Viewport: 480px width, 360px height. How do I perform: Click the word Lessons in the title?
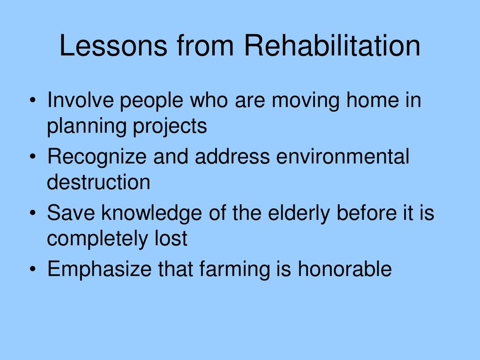click(113, 45)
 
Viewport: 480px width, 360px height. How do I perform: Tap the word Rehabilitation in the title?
click(332, 45)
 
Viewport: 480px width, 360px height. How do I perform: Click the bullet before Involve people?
click(33, 100)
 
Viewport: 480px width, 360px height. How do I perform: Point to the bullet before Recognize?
click(33, 157)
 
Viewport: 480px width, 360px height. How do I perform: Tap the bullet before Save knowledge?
click(33, 213)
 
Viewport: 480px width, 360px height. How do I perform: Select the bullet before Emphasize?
click(33, 269)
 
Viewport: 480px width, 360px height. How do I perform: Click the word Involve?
click(80, 100)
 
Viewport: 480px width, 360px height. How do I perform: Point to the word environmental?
click(343, 156)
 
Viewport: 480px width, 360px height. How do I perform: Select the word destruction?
click(98, 182)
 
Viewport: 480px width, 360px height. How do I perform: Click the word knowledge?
click(151, 214)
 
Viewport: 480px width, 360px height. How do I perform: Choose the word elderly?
click(299, 214)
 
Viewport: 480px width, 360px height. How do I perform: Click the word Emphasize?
click(99, 270)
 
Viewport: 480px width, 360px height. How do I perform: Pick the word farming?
click(235, 270)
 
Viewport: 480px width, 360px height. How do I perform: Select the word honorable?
click(345, 269)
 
